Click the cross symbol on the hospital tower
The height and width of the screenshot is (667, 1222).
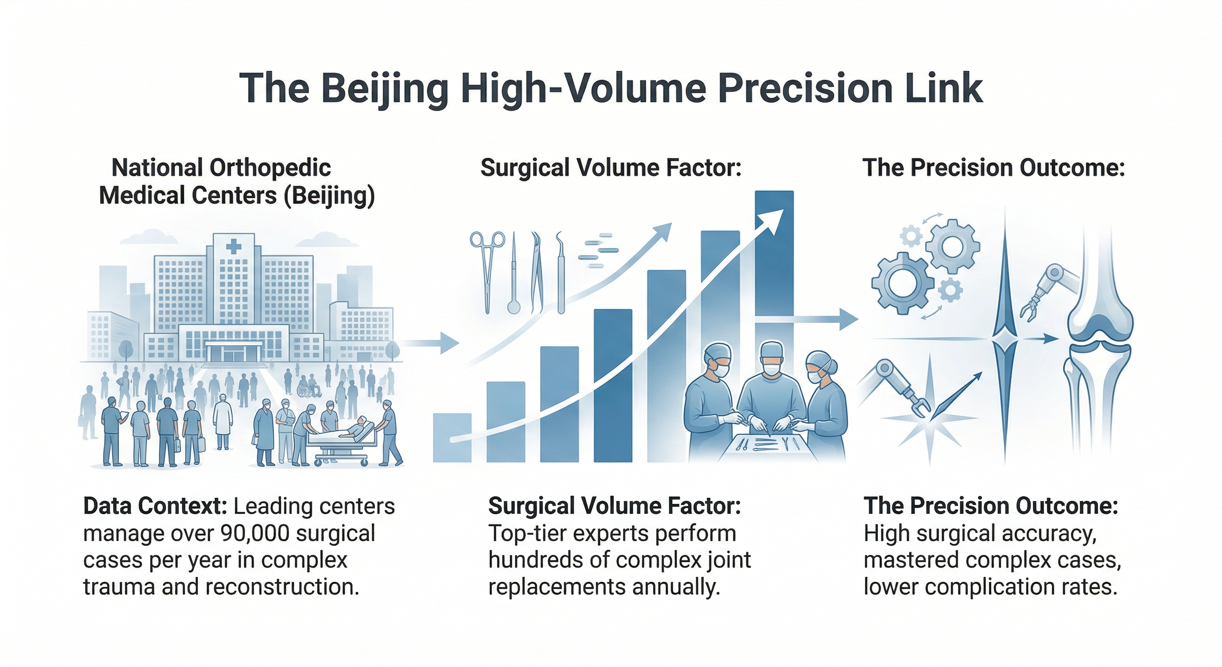pos(234,246)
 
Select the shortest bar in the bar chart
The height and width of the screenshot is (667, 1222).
pos(452,437)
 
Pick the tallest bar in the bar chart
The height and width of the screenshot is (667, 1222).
pos(774,254)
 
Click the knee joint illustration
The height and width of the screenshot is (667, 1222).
pos(1100,337)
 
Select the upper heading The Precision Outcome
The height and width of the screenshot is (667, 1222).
pos(993,168)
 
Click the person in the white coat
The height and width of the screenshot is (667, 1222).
pos(223,421)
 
